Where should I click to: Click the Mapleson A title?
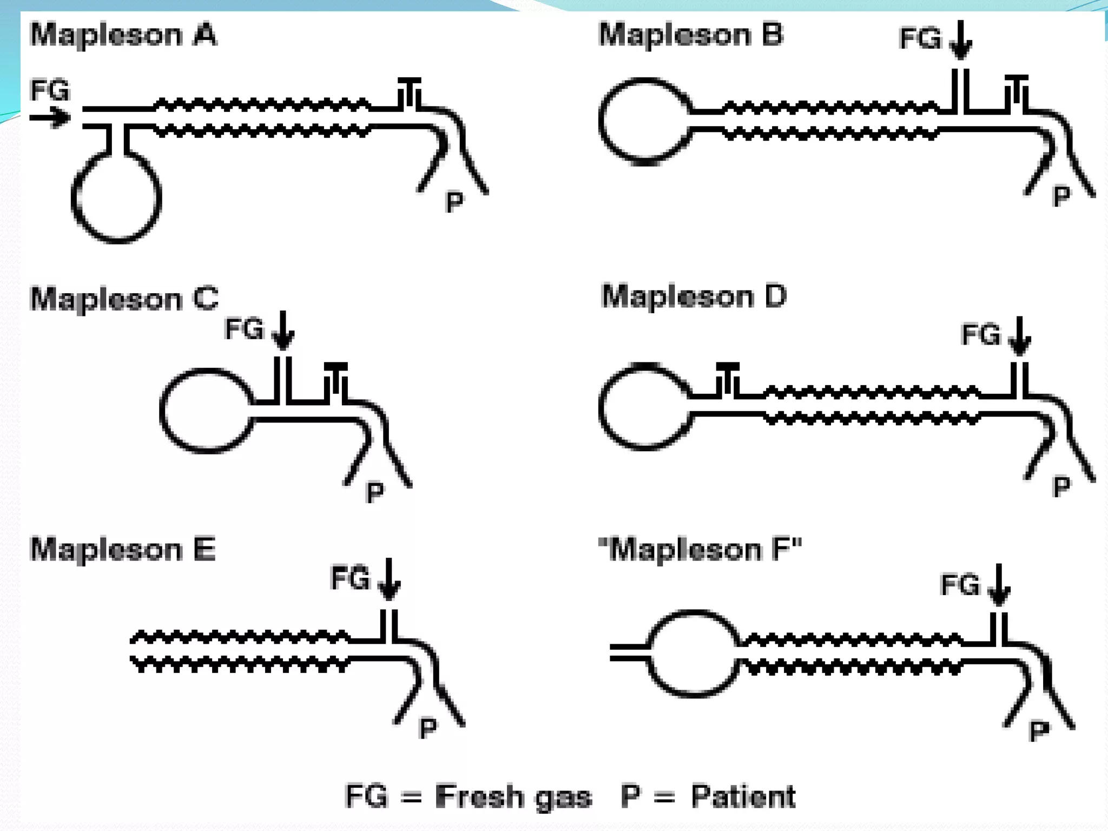[x=123, y=35]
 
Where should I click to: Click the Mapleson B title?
[x=691, y=35]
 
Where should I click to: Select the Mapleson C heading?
[x=124, y=299]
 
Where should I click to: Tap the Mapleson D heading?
[x=694, y=296]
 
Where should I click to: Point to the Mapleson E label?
[x=123, y=550]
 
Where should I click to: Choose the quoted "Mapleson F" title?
[x=700, y=550]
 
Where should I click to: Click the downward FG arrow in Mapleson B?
[x=961, y=41]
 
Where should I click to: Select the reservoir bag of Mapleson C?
[x=206, y=410]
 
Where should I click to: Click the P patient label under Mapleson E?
[x=427, y=729]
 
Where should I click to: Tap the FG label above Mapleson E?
[x=350, y=578]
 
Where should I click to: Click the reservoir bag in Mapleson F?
[x=693, y=654]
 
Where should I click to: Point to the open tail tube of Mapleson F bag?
[x=628, y=652]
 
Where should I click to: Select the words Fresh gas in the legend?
[x=513, y=797]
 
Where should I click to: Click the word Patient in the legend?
[x=743, y=796]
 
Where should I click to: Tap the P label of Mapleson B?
[x=1061, y=196]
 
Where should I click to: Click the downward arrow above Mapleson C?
[x=282, y=331]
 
